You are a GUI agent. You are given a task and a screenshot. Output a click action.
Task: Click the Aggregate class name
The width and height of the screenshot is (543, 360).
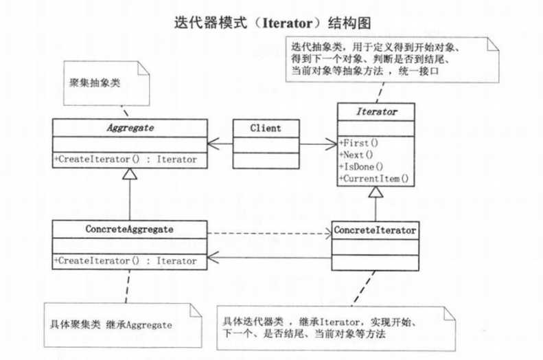tap(130, 128)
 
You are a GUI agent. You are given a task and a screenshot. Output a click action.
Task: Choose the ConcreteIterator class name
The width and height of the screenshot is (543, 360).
tap(375, 230)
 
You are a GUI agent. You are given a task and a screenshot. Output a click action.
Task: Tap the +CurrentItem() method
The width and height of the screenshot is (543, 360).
tap(373, 179)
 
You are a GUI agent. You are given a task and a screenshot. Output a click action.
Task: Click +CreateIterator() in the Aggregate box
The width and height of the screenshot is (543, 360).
tap(126, 159)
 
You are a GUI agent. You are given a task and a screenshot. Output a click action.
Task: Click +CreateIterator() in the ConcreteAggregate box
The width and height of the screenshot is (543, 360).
tap(126, 260)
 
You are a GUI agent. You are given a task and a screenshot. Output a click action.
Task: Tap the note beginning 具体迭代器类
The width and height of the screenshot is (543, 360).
tap(323, 328)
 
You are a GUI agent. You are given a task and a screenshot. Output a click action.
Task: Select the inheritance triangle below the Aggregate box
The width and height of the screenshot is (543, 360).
tap(130, 175)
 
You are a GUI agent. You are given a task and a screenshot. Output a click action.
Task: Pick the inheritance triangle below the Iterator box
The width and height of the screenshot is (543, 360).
tap(374, 193)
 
